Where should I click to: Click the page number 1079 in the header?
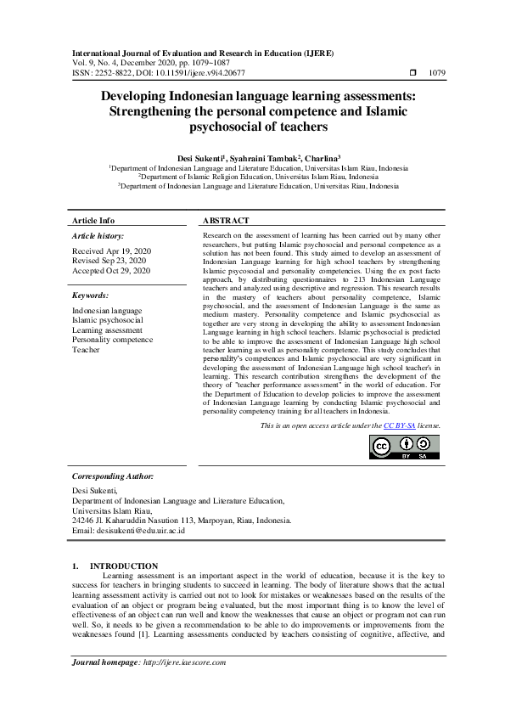pos(437,73)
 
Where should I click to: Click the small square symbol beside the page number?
pos(413,73)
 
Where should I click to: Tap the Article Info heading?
pos(93,220)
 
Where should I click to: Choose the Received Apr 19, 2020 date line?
pos(110,252)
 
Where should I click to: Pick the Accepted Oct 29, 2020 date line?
pos(110,271)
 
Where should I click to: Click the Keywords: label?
pos(91,295)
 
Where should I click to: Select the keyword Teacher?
pos(86,349)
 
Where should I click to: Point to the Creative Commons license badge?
pos(404,448)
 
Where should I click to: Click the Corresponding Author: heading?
pos(112,477)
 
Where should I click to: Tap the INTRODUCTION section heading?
pos(124,566)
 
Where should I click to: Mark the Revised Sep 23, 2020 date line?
pos(110,262)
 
